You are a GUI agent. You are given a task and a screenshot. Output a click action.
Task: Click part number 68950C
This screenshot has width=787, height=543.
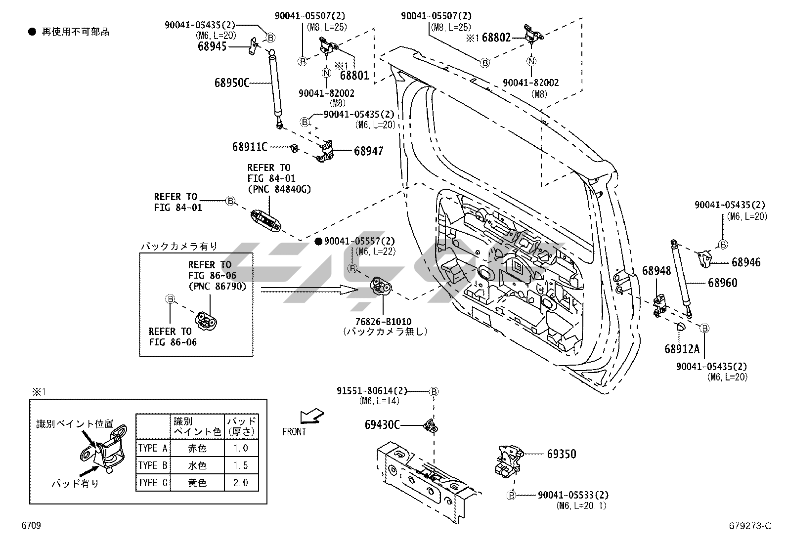(x=232, y=83)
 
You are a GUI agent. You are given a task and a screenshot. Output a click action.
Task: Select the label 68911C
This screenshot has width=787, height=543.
(x=250, y=147)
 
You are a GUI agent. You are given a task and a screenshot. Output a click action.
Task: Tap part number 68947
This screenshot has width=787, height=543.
(x=369, y=151)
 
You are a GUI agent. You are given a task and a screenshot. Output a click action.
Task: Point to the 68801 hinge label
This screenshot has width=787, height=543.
(x=354, y=75)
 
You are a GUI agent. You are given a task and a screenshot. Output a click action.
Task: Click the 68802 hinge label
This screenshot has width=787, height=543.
(x=496, y=38)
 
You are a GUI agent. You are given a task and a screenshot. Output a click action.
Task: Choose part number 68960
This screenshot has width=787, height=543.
(x=722, y=283)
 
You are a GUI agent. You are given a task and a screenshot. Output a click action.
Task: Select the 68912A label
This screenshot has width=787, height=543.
(x=682, y=349)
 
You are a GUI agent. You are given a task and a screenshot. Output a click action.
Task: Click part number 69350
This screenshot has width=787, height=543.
(x=562, y=454)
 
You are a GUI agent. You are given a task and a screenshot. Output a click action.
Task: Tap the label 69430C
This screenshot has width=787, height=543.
(x=382, y=425)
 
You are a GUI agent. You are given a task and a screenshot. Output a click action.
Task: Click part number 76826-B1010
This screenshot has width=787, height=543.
(x=383, y=322)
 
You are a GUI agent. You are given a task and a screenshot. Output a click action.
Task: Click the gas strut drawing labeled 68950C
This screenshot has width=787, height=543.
(x=275, y=88)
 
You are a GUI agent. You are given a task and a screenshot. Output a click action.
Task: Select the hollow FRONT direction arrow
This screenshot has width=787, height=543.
(x=311, y=416)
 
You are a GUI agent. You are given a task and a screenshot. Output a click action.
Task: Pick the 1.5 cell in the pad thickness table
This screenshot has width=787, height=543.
(x=241, y=465)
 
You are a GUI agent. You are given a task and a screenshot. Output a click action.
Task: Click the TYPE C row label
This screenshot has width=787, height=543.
(x=153, y=483)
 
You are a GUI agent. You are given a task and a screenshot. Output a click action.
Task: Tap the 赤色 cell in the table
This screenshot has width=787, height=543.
(x=197, y=448)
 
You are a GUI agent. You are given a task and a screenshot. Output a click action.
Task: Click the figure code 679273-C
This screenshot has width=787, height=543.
(x=750, y=526)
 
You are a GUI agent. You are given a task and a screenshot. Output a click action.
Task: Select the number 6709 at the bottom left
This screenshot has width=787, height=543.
(x=31, y=525)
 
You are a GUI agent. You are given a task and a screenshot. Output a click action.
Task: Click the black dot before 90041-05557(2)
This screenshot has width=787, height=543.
(x=318, y=241)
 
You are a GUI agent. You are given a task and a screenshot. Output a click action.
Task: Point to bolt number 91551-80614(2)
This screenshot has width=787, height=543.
(x=372, y=391)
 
